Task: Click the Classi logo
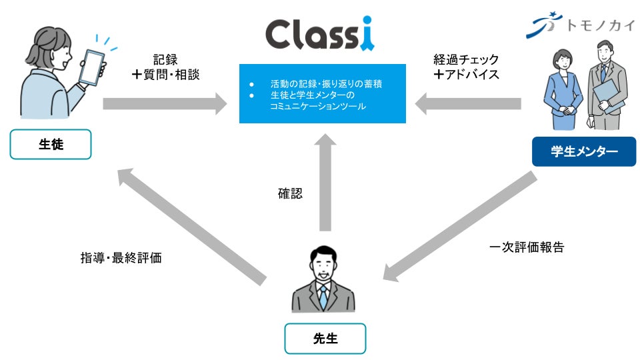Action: pos(319,34)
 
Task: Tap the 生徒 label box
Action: pos(50,145)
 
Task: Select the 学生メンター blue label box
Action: pos(583,152)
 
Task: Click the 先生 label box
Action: pos(325,338)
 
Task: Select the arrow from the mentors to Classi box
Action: pos(467,103)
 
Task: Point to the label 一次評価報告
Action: pos(527,247)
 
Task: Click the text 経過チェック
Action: pos(466,60)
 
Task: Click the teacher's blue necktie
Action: pos(323,297)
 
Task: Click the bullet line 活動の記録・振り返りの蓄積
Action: pos(326,85)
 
